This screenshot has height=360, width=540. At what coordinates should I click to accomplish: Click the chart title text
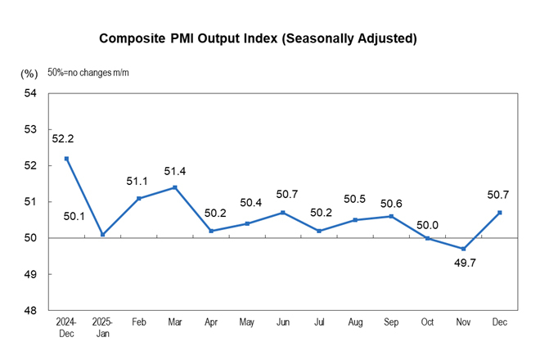(x=258, y=38)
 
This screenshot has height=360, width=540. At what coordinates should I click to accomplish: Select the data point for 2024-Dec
(x=66, y=159)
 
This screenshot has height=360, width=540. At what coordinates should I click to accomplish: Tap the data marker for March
(x=174, y=187)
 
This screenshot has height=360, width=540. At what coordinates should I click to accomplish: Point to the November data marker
(x=464, y=249)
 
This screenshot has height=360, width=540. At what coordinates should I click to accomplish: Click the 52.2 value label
(x=64, y=139)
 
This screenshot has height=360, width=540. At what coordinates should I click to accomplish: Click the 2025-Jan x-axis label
(x=102, y=328)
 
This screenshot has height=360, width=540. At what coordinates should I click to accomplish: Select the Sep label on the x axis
(x=392, y=323)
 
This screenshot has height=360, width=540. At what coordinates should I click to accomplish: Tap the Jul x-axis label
(x=319, y=323)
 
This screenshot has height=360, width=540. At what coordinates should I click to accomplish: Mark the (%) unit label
(x=29, y=74)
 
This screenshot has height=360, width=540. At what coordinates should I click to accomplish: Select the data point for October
(x=428, y=238)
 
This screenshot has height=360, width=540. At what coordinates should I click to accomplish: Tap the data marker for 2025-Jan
(x=102, y=235)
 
